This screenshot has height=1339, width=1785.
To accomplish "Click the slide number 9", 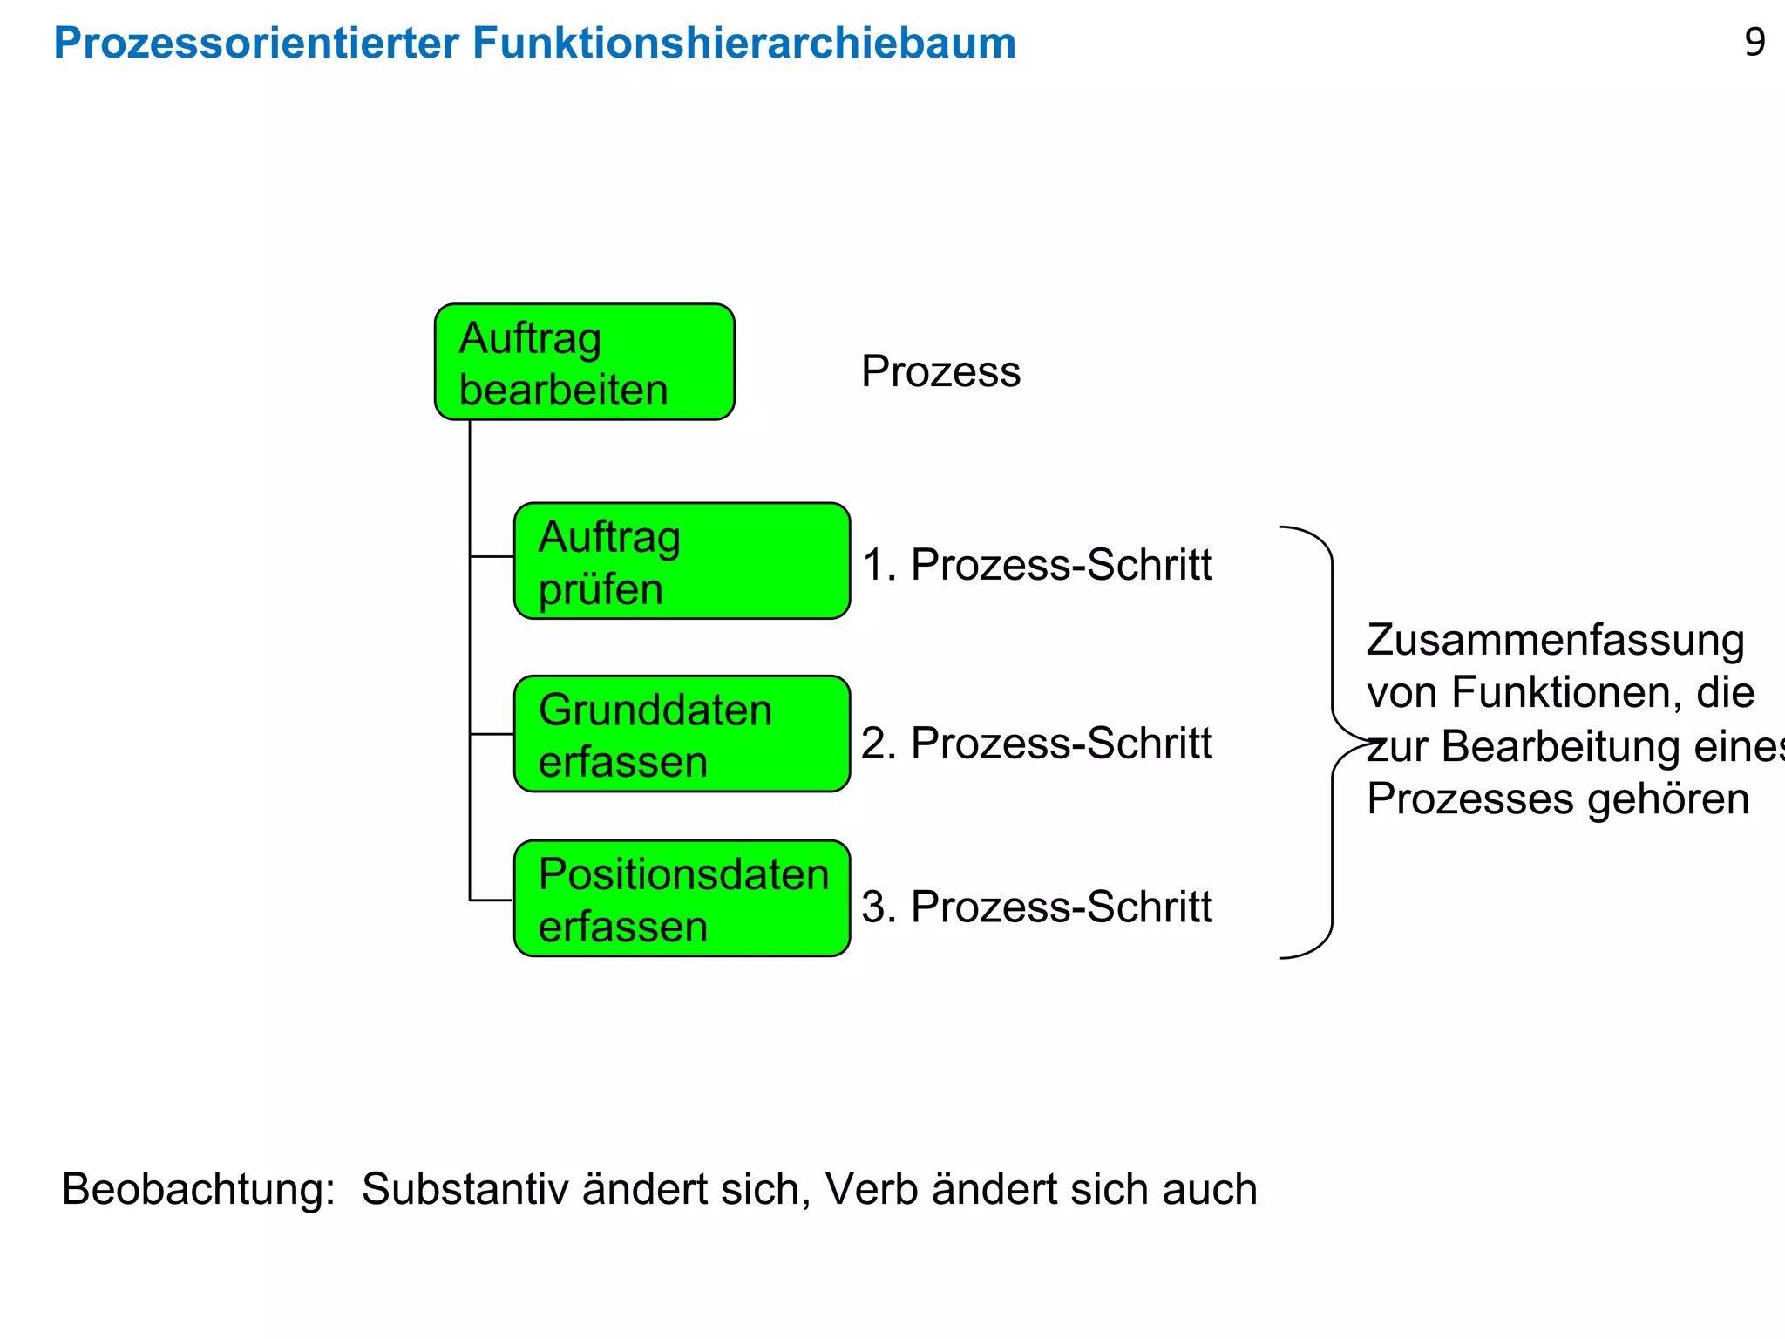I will [1754, 42].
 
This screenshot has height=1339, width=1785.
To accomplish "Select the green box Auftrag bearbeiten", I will [584, 363].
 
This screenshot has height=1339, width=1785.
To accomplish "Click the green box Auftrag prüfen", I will [682, 561].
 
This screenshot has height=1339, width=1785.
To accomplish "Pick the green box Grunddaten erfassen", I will [682, 734].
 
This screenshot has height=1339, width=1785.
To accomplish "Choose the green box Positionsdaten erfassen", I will [682, 899].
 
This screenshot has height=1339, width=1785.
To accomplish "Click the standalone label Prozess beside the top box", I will [940, 371].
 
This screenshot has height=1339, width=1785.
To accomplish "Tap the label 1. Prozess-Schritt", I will [1036, 564].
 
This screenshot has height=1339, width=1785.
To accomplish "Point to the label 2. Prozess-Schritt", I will [1036, 743].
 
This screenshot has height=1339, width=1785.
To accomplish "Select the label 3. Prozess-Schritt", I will [1036, 907].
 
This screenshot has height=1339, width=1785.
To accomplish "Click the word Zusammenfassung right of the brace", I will [1555, 641].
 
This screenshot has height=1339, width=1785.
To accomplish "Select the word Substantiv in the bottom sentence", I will [465, 1189].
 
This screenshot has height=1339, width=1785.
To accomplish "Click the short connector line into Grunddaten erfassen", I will [492, 734].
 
